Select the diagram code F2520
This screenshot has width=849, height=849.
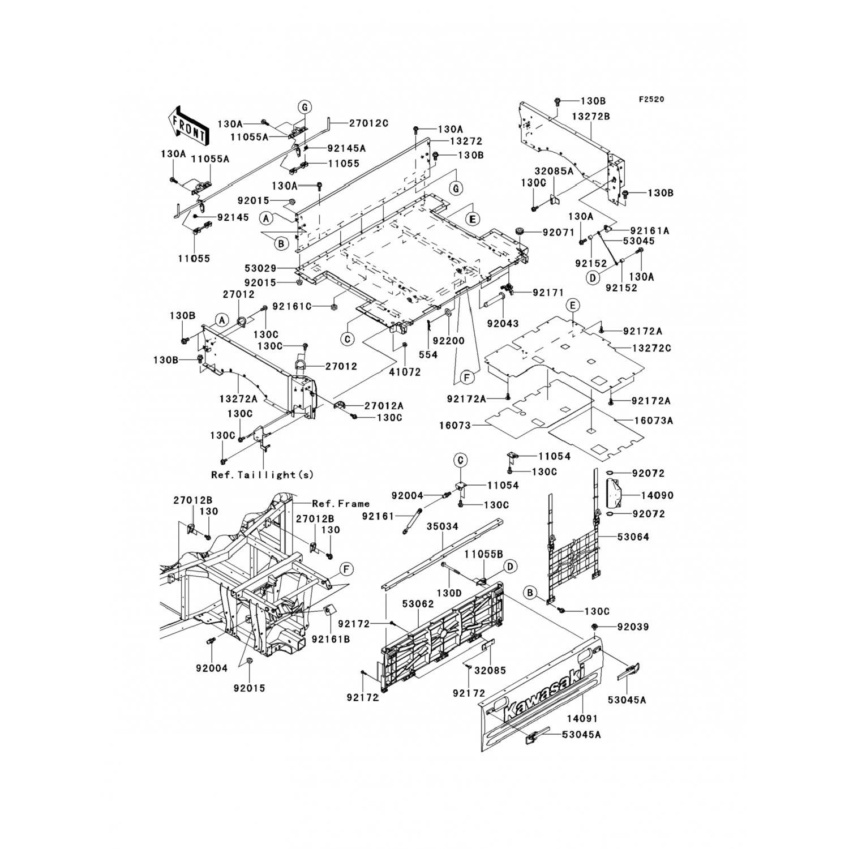tap(651, 100)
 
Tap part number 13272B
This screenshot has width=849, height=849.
tap(590, 116)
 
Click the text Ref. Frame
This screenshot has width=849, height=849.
tap(341, 503)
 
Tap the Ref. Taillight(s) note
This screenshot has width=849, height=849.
tap(262, 475)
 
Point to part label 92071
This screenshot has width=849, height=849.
tap(559, 232)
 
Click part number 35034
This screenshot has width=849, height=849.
tap(442, 526)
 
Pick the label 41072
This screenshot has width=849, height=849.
tap(405, 372)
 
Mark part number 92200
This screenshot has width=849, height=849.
tap(448, 341)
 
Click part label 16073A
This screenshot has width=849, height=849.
tap(653, 421)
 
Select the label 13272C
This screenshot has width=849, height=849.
tap(651, 348)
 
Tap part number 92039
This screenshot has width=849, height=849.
tap(633, 627)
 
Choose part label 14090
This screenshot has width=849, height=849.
tap(657, 495)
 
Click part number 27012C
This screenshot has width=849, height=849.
tap(368, 123)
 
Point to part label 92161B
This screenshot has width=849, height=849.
tap(331, 639)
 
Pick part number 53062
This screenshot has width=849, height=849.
tap(418, 604)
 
